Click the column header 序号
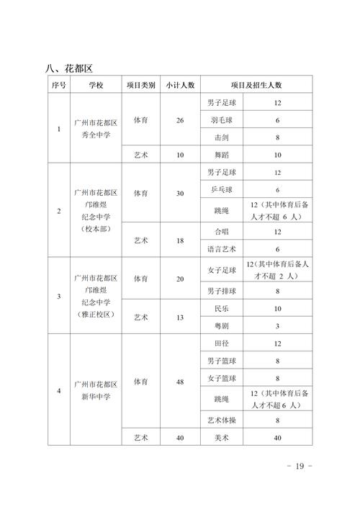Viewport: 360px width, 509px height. [59, 85]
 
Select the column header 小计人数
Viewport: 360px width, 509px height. [179, 85]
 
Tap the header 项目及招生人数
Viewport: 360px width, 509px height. [256, 85]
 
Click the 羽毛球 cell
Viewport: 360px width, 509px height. [220, 120]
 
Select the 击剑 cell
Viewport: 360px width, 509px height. [220, 137]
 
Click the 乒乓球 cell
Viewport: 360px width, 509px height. [220, 189]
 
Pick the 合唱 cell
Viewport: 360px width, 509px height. [220, 232]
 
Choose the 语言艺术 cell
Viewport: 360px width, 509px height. [220, 249]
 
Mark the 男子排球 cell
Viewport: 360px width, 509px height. [220, 291]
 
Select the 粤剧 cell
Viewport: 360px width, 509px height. [220, 325]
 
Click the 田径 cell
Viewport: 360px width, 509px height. [220, 343]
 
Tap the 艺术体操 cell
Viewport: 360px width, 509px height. [220, 420]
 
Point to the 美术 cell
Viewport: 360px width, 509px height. [220, 437]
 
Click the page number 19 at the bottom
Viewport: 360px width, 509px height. [299, 467]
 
